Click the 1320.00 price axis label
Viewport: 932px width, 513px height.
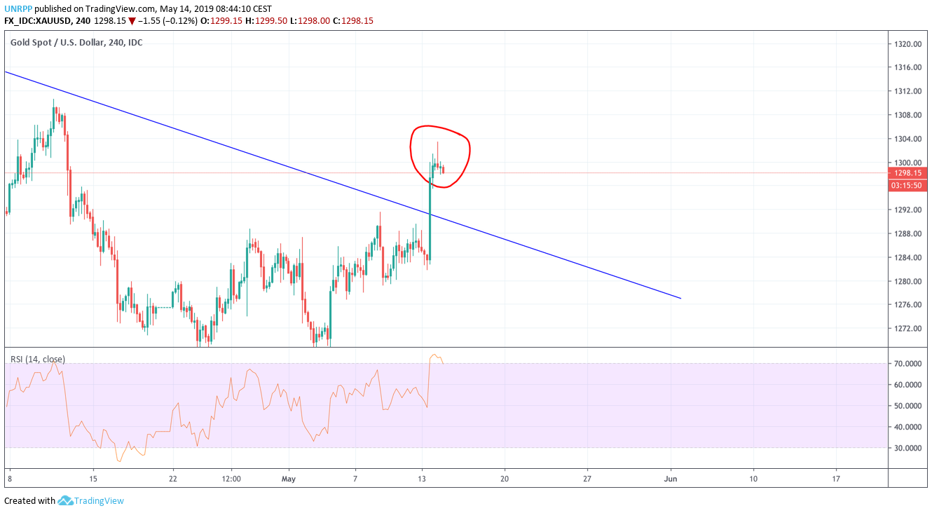(907, 43)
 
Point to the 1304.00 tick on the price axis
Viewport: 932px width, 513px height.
(907, 139)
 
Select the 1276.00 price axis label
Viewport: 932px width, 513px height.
(907, 305)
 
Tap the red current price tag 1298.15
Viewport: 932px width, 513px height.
(907, 173)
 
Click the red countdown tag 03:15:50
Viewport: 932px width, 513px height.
(907, 185)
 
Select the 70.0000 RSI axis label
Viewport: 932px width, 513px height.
(907, 364)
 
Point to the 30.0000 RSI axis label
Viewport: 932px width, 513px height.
(907, 448)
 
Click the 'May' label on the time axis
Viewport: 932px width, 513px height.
(288, 479)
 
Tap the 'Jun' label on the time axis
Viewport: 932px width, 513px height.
(671, 479)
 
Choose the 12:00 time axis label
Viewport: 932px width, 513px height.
(231, 479)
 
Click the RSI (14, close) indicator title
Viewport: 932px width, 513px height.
(37, 359)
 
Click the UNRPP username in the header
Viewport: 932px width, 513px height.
(18, 8)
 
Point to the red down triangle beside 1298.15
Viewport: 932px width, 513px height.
(132, 21)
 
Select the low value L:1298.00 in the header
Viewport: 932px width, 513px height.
(310, 21)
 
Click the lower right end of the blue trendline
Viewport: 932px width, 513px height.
(680, 299)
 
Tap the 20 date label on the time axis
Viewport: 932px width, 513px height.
(505, 479)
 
